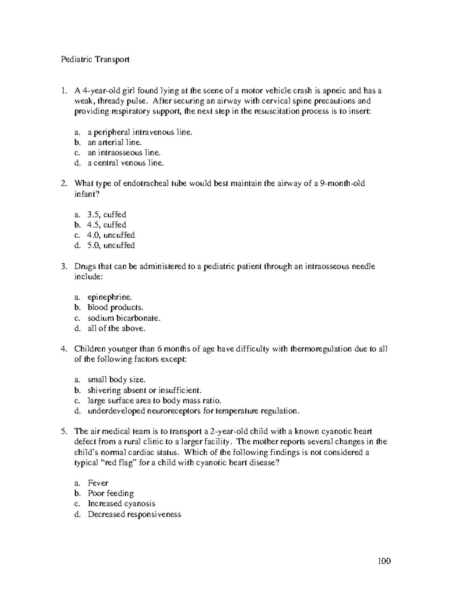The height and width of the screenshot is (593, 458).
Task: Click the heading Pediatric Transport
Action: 95,59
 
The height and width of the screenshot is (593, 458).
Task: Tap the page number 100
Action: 384,561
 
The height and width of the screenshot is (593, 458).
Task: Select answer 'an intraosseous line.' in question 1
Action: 124,153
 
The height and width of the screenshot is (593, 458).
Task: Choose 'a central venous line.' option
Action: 126,163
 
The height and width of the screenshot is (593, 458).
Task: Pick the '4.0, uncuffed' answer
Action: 111,235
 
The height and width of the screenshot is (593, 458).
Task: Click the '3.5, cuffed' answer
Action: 107,214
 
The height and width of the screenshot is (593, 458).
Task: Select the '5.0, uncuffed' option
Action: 111,245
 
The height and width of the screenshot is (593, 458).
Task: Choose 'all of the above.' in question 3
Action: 116,328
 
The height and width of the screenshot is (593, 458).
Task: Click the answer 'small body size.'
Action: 116,380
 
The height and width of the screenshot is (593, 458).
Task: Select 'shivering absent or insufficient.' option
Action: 144,390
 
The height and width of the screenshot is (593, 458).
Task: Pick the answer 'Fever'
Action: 98,483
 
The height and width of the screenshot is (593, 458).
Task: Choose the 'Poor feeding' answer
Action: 111,493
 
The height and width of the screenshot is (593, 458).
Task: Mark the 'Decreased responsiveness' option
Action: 134,514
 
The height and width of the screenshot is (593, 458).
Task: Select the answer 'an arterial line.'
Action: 114,142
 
